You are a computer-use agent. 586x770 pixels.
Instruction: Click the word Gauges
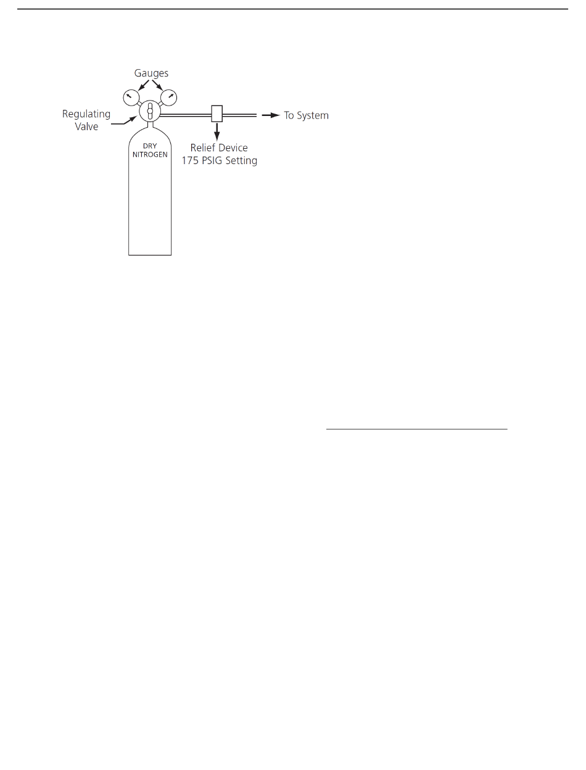click(x=152, y=73)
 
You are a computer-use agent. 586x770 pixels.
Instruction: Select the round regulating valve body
click(x=149, y=112)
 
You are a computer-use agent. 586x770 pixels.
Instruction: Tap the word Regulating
click(x=86, y=114)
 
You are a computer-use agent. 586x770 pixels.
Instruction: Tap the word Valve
click(x=87, y=127)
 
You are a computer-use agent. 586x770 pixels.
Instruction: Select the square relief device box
click(x=217, y=114)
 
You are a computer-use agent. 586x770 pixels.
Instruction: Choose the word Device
click(x=233, y=148)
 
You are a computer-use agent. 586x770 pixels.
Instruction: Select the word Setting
click(x=242, y=161)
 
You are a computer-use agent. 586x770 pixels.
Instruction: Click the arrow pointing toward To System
click(x=270, y=115)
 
